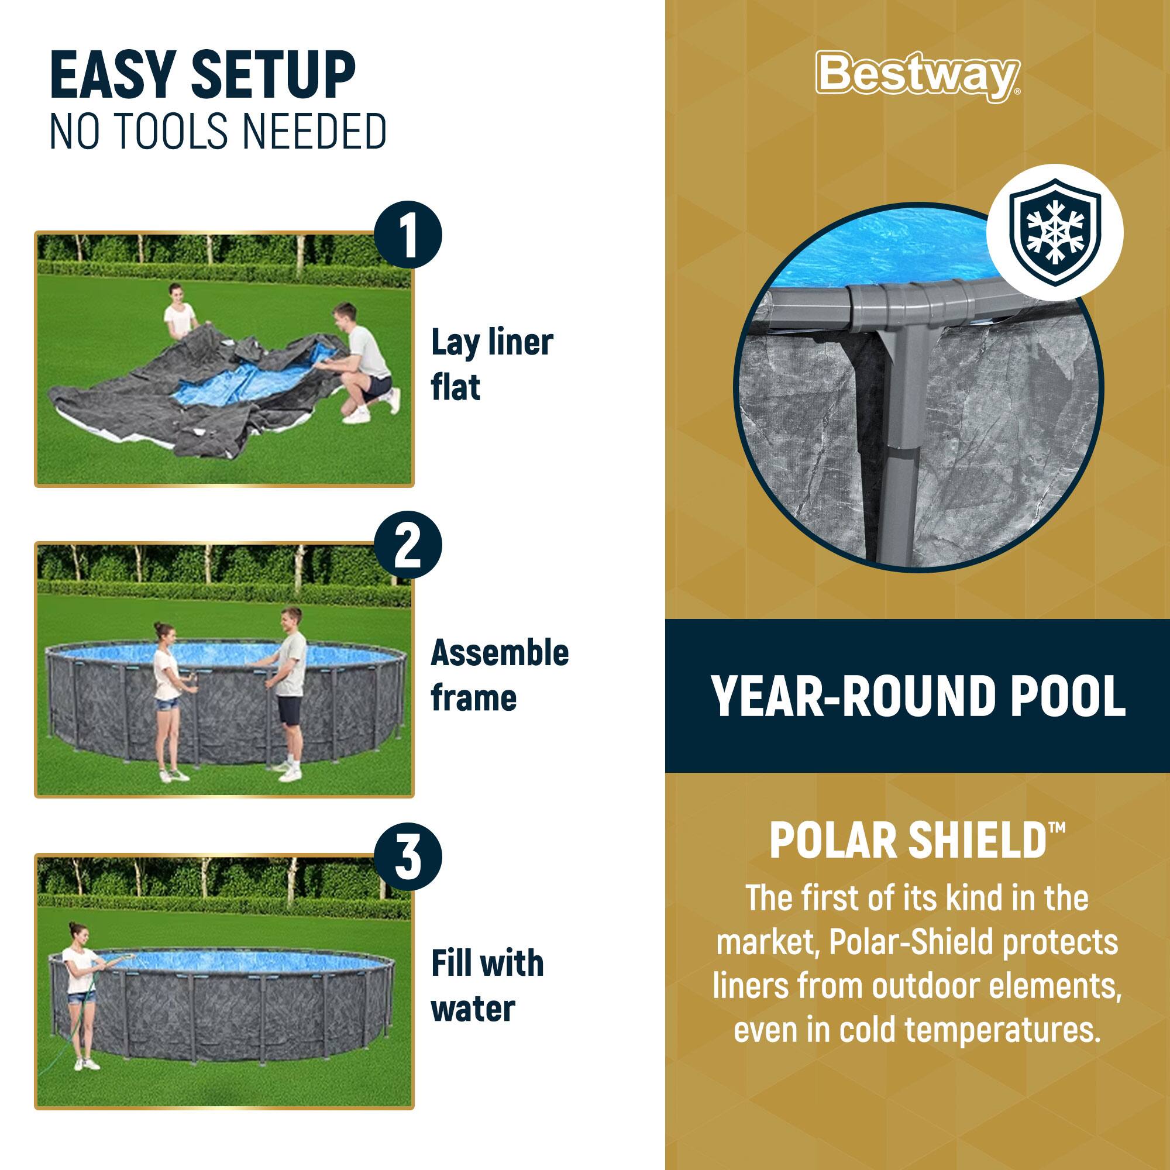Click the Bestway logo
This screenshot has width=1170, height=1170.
[x=917, y=75]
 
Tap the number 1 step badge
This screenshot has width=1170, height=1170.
[x=408, y=235]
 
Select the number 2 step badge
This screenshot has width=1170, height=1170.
[x=408, y=546]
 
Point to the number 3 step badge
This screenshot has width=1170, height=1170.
[x=408, y=858]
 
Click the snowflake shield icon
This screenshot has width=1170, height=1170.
[x=1055, y=233]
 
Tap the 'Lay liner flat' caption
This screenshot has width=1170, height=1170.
[x=491, y=364]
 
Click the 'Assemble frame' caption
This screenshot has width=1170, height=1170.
[x=499, y=675]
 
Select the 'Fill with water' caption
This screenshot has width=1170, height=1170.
[x=487, y=986]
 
